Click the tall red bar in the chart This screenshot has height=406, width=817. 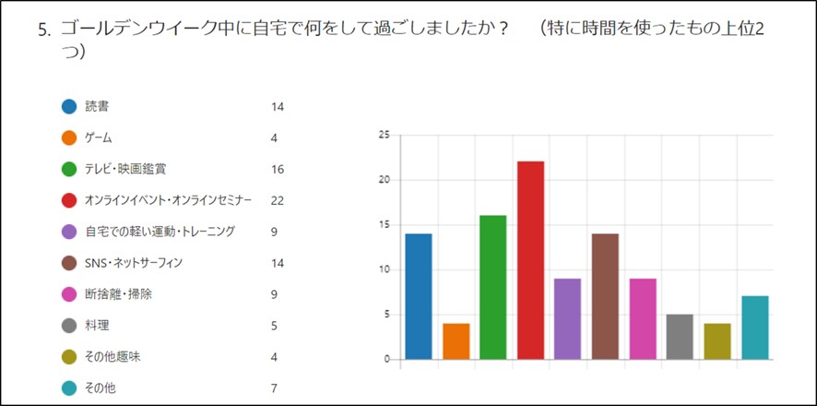[530, 260]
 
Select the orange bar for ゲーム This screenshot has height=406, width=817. [456, 341]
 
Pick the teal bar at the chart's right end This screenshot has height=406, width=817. [754, 328]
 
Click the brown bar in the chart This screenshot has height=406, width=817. [605, 296]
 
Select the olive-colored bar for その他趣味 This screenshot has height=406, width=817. [716, 341]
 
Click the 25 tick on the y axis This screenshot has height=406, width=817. [385, 135]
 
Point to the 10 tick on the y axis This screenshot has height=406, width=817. [385, 269]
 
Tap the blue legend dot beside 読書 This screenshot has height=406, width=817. [69, 106]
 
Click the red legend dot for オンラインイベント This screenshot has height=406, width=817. [69, 200]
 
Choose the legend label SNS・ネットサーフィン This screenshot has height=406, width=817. [134, 263]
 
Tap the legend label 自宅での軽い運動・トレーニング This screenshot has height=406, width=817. [160, 232]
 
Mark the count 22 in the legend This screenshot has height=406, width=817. [278, 200]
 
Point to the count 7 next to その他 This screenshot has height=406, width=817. [275, 388]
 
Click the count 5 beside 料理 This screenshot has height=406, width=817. [275, 326]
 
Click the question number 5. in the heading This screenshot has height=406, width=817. [44, 29]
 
